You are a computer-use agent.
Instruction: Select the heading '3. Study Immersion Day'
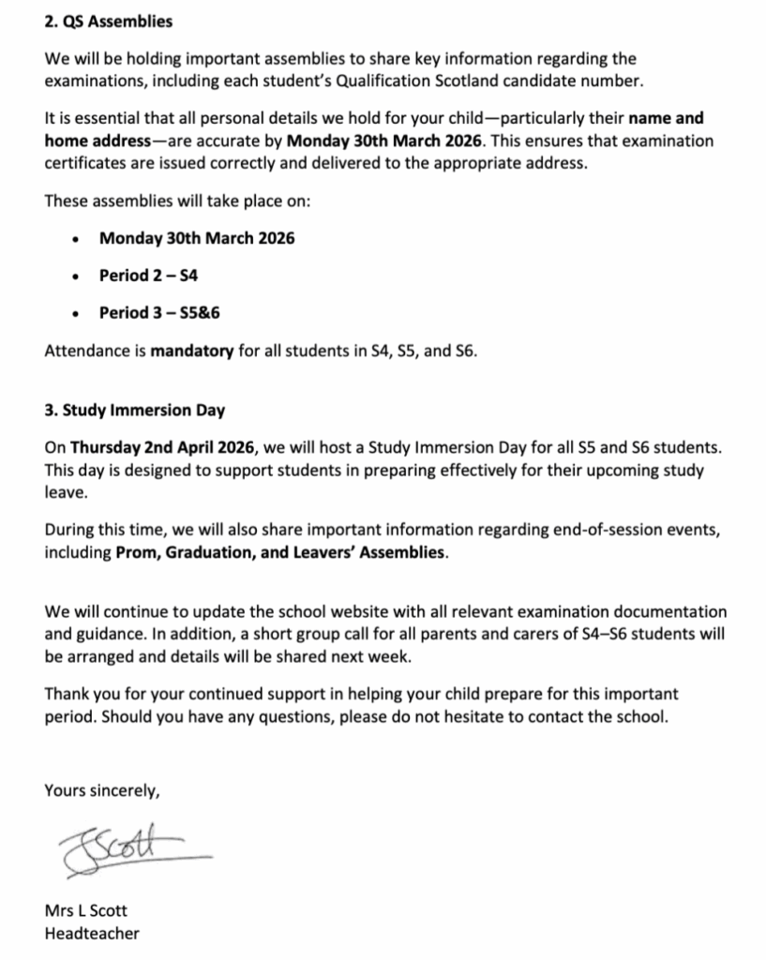pyautogui.click(x=134, y=411)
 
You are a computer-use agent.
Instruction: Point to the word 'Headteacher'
pyautogui.click(x=92, y=933)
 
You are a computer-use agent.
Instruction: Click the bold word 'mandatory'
pyautogui.click(x=191, y=352)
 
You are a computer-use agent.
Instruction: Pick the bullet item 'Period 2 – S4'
pyautogui.click(x=148, y=276)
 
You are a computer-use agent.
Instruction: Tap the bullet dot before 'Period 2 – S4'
pyautogui.click(x=75, y=277)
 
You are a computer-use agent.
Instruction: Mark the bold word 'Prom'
pyautogui.click(x=135, y=552)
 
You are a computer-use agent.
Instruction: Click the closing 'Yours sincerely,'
pyautogui.click(x=102, y=790)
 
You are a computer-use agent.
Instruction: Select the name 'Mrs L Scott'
pyautogui.click(x=87, y=910)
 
